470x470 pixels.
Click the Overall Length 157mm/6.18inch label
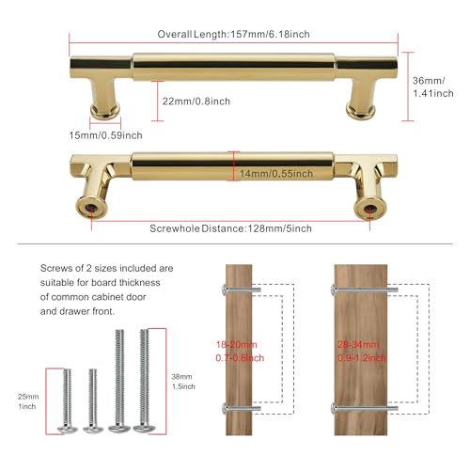(x=233, y=34)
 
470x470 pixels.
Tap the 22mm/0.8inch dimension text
(x=196, y=102)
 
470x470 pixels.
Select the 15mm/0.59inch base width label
(x=105, y=135)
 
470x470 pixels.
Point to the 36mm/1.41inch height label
(x=432, y=86)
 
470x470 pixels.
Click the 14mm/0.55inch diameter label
(x=276, y=174)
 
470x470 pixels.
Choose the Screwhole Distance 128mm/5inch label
(x=230, y=228)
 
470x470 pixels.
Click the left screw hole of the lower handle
(x=91, y=208)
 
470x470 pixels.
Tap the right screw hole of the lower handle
(x=369, y=208)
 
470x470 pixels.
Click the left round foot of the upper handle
(x=105, y=111)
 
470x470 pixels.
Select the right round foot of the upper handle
(x=361, y=111)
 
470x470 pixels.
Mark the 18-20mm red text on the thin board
(x=237, y=345)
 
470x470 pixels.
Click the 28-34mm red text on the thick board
(x=358, y=345)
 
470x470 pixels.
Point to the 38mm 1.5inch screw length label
(x=183, y=382)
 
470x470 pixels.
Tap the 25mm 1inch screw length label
(x=28, y=401)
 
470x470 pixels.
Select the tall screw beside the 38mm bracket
(x=143, y=381)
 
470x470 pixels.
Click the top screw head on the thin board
(x=224, y=290)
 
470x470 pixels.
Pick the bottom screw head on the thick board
(x=333, y=408)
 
